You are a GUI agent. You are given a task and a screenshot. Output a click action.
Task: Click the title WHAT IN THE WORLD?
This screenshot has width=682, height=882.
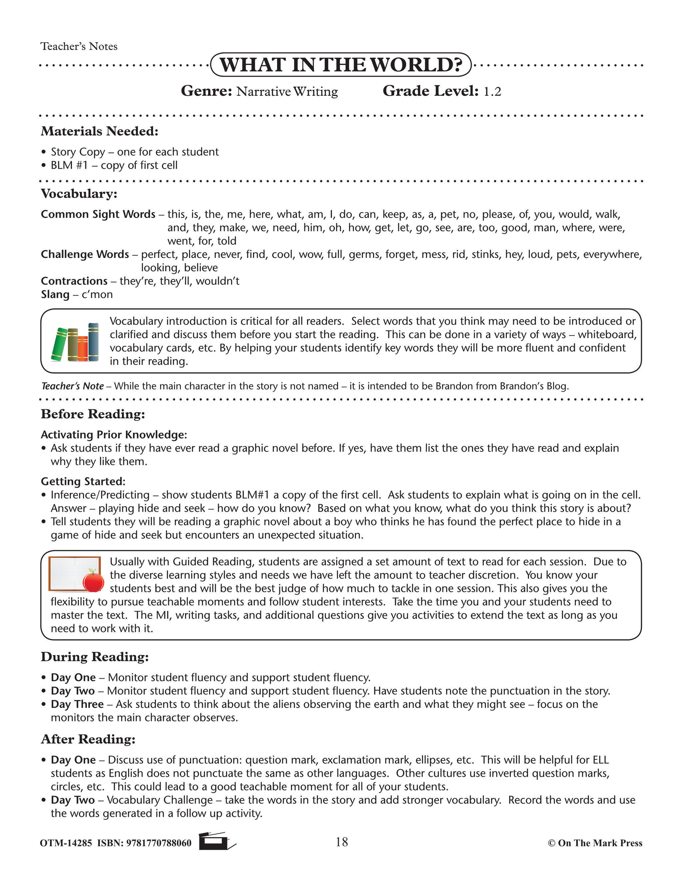tap(341, 65)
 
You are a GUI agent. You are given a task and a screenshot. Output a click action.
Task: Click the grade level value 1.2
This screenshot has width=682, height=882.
tap(492, 92)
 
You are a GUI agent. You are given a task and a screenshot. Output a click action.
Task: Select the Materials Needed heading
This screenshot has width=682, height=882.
tap(99, 131)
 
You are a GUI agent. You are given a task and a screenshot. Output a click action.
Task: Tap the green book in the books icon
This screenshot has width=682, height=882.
tap(59, 344)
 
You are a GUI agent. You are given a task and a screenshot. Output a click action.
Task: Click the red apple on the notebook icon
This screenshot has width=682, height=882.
tap(93, 582)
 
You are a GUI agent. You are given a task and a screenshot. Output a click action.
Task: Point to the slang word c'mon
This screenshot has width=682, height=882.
tap(97, 295)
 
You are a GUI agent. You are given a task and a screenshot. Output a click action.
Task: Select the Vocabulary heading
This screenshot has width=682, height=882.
tap(79, 194)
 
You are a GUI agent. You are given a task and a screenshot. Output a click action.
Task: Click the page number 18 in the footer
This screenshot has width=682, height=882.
tap(341, 842)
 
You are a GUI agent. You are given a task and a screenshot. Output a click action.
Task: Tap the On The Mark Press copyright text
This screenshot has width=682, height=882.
tap(595, 843)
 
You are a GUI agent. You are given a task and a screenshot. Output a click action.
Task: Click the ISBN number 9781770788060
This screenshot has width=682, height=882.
tap(159, 843)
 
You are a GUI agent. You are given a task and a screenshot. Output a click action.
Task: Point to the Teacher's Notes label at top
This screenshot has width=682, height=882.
tap(79, 47)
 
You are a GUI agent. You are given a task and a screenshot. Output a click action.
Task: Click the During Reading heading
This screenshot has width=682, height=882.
tap(95, 657)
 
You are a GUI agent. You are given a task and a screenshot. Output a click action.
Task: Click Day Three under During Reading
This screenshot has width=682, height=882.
tap(77, 704)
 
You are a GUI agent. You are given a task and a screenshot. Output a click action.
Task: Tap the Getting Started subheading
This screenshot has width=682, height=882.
tap(83, 481)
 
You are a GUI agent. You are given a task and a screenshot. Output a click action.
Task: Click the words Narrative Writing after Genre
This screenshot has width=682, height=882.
tap(287, 92)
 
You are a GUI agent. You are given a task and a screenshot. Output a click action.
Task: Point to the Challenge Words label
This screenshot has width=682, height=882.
tap(85, 254)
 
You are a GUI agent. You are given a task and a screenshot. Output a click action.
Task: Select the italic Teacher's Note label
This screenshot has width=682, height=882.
tap(72, 386)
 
